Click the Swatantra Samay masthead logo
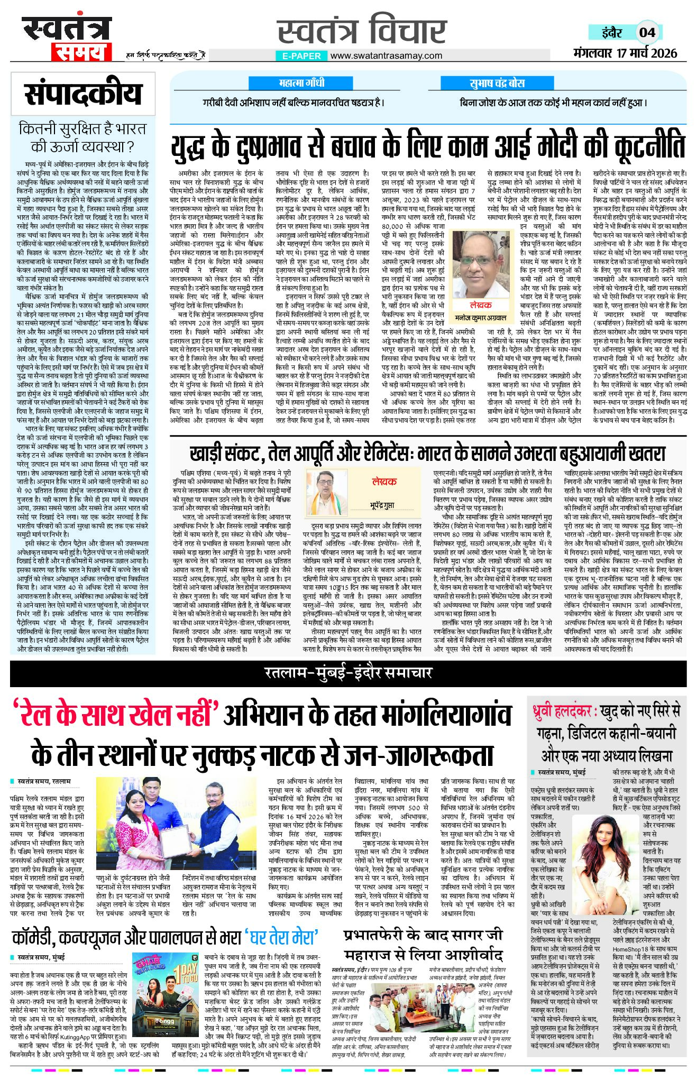[67, 38]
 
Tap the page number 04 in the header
[647, 32]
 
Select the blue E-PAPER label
[301, 56]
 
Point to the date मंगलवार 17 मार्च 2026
[625, 53]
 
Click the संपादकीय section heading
[83, 94]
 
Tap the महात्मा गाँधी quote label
[301, 84]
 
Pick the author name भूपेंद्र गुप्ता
[381, 506]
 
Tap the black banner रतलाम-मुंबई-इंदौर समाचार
[348, 673]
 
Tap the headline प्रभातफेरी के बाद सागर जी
[423, 935]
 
